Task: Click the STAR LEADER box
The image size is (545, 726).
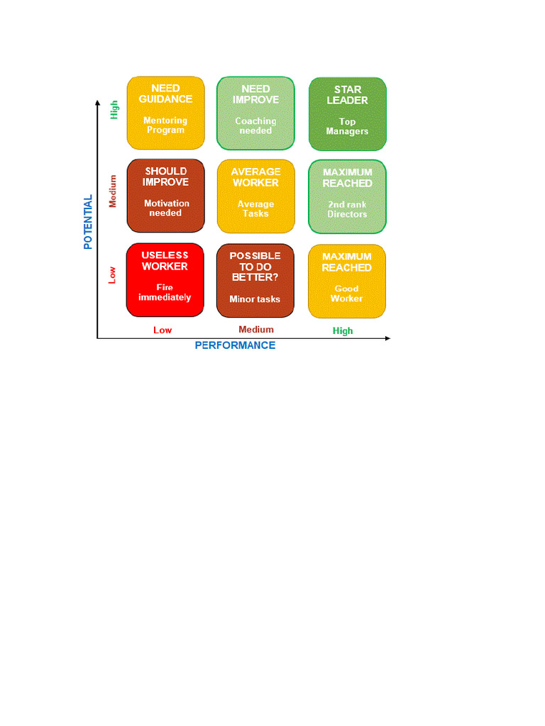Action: [x=348, y=114]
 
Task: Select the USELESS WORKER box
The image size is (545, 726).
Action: [x=165, y=279]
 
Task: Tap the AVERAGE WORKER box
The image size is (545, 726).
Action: [x=255, y=196]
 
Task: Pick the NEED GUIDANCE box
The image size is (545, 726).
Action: [x=165, y=113]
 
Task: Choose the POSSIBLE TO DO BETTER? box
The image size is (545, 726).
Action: [x=255, y=281]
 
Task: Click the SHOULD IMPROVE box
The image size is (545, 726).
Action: [x=165, y=195]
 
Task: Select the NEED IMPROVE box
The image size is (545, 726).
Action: [x=255, y=113]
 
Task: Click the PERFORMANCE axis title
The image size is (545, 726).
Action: [x=235, y=345]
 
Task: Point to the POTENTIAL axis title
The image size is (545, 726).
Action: [x=88, y=222]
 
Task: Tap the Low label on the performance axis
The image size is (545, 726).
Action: [x=163, y=330]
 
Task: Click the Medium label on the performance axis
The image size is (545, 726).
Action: [x=256, y=330]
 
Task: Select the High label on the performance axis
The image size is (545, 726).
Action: [x=343, y=331]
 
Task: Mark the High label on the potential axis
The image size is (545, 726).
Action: [x=114, y=109]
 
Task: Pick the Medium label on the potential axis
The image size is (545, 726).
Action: [x=113, y=191]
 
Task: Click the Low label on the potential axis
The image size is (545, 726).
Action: [x=112, y=274]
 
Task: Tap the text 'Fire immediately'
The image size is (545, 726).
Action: [x=165, y=293]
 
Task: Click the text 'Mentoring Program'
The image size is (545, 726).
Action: [x=165, y=125]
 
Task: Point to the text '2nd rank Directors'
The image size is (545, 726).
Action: [x=347, y=209]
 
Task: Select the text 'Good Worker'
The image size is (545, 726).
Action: [x=347, y=294]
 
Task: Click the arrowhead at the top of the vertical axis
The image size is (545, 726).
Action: [x=97, y=104]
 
